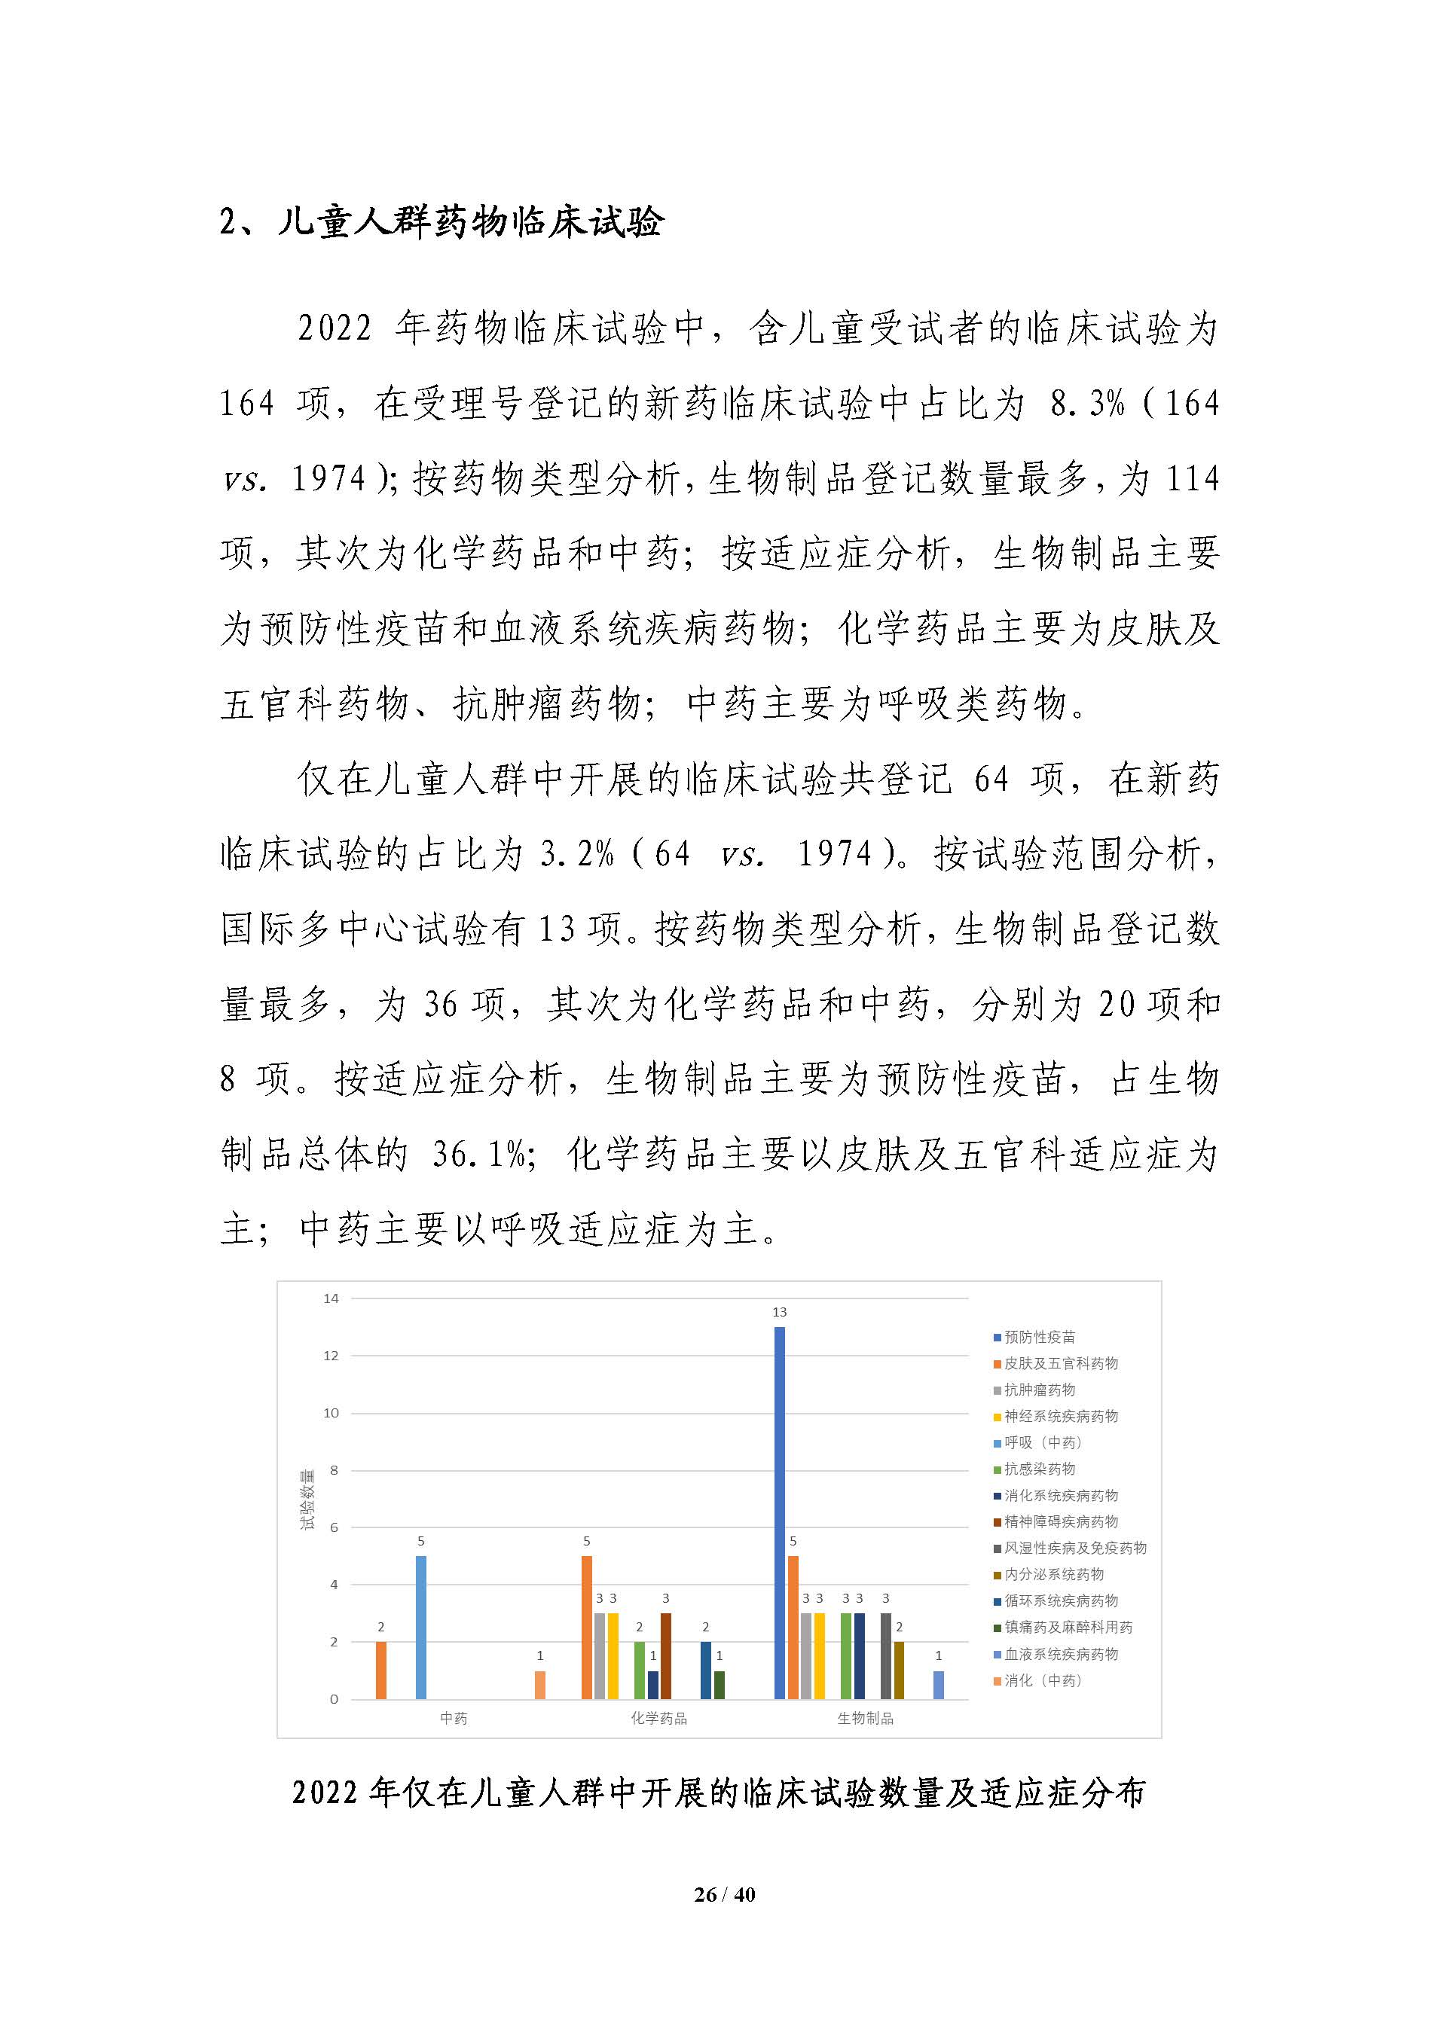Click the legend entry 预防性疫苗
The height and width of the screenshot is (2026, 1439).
pyautogui.click(x=1038, y=1337)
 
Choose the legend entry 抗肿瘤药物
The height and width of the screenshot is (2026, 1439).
pyautogui.click(x=1038, y=1390)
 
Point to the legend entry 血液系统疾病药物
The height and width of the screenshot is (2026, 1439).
pyautogui.click(x=1060, y=1654)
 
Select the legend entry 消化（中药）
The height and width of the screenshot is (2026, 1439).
pyautogui.click(x=1042, y=1680)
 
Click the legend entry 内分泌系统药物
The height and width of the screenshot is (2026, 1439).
pyautogui.click(x=1053, y=1574)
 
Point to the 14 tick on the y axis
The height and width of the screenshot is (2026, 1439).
pyautogui.click(x=331, y=1298)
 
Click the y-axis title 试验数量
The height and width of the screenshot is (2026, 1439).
pyautogui.click(x=307, y=1499)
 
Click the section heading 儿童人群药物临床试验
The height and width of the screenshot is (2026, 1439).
pyautogui.click(x=469, y=222)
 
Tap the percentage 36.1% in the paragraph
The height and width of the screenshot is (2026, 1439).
pyautogui.click(x=478, y=1155)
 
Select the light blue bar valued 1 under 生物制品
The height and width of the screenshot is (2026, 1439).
pyautogui.click(x=938, y=1684)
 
